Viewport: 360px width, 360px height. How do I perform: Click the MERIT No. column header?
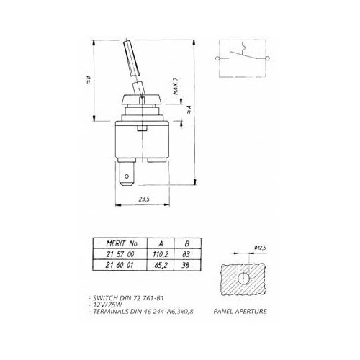coord(116,243)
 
